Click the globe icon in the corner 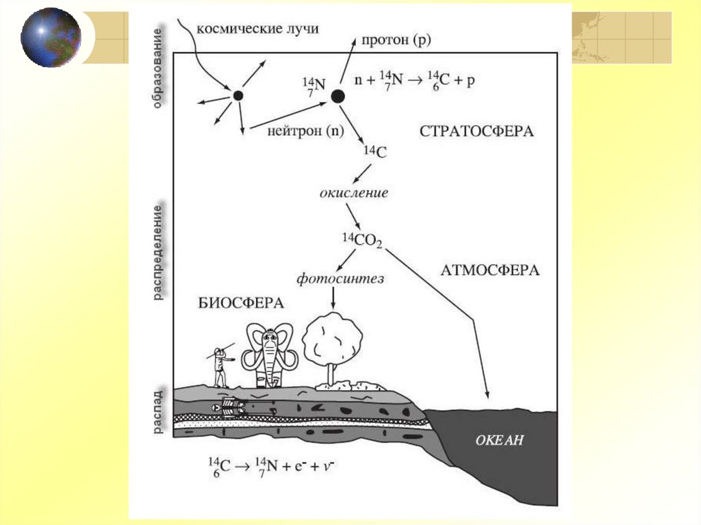coord(50,37)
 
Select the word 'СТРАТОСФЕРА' coord(476,131)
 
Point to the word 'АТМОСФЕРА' coord(488,270)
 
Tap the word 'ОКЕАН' coord(499,440)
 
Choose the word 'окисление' coord(354,192)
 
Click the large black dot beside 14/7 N coord(337,97)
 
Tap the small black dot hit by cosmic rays coord(238,96)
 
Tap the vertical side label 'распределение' coord(157,251)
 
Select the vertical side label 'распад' coord(157,412)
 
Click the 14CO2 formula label coord(362,241)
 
